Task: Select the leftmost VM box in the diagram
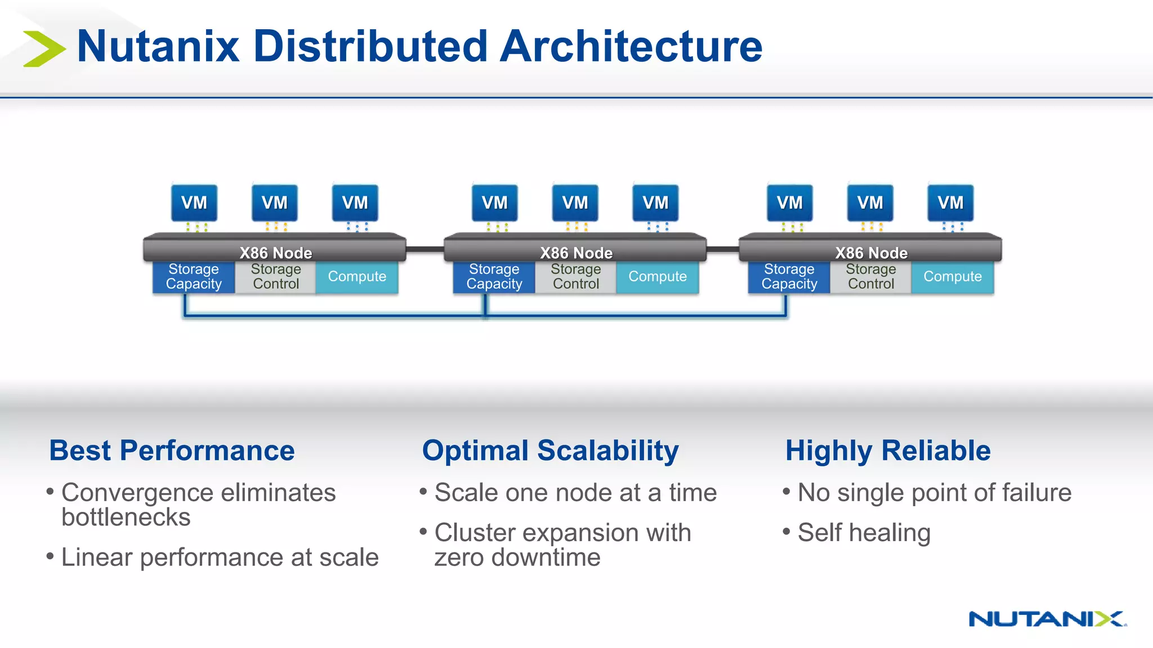pyautogui.click(x=194, y=202)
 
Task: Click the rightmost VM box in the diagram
pyautogui.click(x=950, y=202)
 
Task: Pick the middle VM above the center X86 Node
pyautogui.click(x=575, y=202)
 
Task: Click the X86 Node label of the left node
pyautogui.click(x=275, y=253)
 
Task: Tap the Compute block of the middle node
pyautogui.click(x=657, y=277)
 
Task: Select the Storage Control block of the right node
pyautogui.click(x=870, y=277)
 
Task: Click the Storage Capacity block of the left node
pyautogui.click(x=194, y=277)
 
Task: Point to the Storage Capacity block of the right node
pyautogui.click(x=789, y=277)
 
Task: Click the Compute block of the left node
pyautogui.click(x=357, y=277)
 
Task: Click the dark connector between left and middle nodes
pyautogui.click(x=425, y=249)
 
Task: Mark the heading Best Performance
pyautogui.click(x=172, y=451)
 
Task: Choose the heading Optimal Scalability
pyautogui.click(x=550, y=451)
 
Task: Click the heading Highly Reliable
pyautogui.click(x=888, y=451)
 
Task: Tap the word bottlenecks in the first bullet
pyautogui.click(x=126, y=517)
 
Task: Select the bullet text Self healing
pyautogui.click(x=864, y=532)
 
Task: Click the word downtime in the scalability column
pyautogui.click(x=545, y=557)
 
